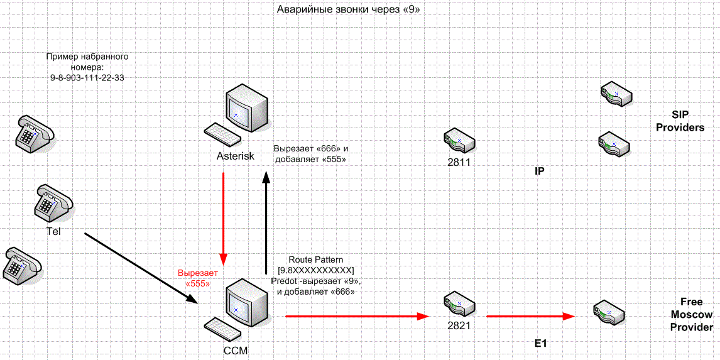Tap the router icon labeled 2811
click(x=459, y=141)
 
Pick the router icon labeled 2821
click(x=459, y=305)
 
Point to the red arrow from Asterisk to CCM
click(x=223, y=217)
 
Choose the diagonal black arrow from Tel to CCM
click(x=141, y=268)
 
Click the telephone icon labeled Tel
click(x=54, y=202)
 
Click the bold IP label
click(x=539, y=170)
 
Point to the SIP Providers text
click(x=680, y=122)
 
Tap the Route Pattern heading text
click(x=315, y=259)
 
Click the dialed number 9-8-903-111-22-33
click(x=87, y=77)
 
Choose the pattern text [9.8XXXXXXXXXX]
click(x=315, y=270)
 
